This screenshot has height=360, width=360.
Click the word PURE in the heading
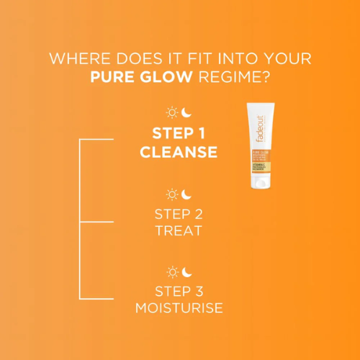point(112,76)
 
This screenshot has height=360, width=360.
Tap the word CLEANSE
point(179,152)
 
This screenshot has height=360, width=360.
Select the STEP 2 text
point(179,213)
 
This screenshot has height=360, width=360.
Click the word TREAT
point(179,231)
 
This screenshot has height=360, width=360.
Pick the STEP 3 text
point(179,291)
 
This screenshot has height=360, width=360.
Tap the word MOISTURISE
point(179,309)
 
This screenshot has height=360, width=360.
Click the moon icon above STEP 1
point(186,112)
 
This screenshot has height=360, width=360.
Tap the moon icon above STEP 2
point(186,194)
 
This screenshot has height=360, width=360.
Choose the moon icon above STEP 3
point(186,271)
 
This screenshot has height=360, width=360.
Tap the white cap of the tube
point(261,182)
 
